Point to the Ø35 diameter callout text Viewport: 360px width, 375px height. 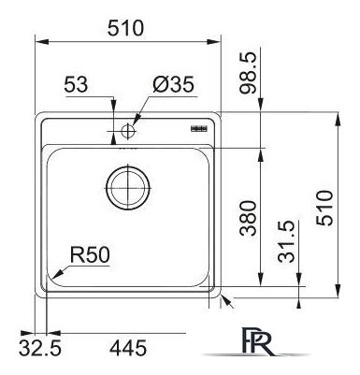pyautogui.click(x=171, y=86)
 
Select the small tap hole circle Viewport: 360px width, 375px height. pyautogui.click(x=126, y=132)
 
